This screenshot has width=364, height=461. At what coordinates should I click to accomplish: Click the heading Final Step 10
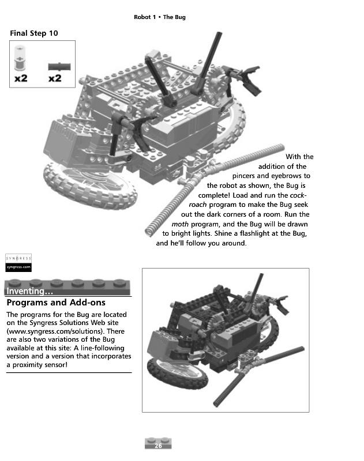point(34,33)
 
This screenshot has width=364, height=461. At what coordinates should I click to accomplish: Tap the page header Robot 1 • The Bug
point(159,17)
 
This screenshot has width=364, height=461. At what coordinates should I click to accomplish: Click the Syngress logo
point(18,262)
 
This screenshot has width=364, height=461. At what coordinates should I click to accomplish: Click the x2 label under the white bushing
point(21,78)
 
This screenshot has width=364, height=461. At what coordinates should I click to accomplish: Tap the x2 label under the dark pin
point(55,78)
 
